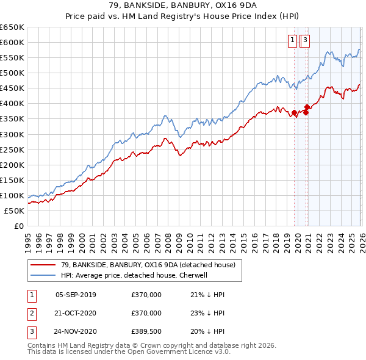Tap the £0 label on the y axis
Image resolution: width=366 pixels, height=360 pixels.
18,226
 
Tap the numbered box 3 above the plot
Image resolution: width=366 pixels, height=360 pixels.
305,41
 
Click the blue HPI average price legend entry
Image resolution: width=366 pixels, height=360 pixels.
134,275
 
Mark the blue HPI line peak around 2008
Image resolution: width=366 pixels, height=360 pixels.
165,115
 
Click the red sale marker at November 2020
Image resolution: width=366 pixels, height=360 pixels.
307,111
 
